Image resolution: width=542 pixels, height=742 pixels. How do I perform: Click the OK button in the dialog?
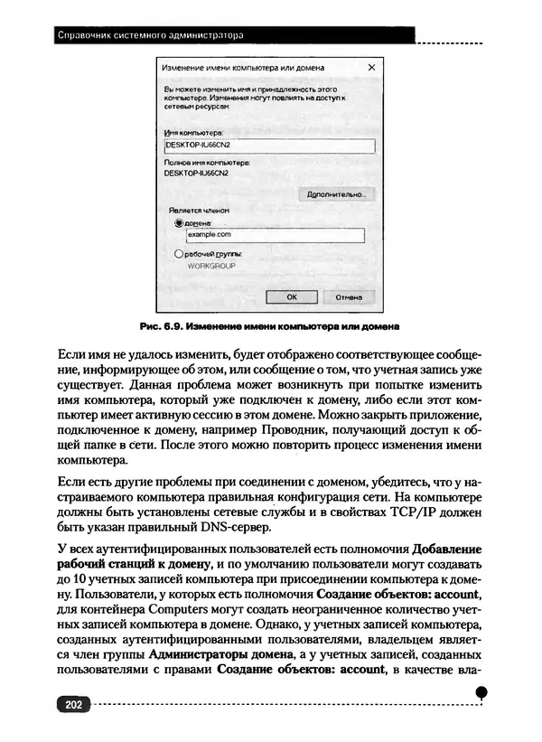tap(291, 296)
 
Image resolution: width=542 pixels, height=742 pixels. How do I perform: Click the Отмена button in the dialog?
tap(349, 296)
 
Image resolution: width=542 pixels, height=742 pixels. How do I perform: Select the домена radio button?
tap(178, 221)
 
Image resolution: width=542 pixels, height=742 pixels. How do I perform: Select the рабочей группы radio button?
tap(178, 256)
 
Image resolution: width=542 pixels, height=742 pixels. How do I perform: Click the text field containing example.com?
tap(273, 235)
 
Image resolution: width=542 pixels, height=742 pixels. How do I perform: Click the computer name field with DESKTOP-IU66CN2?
tap(268, 145)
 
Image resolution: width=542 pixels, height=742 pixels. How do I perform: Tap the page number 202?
tap(70, 703)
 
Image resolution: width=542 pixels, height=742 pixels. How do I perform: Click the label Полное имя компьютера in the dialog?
tap(206, 162)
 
